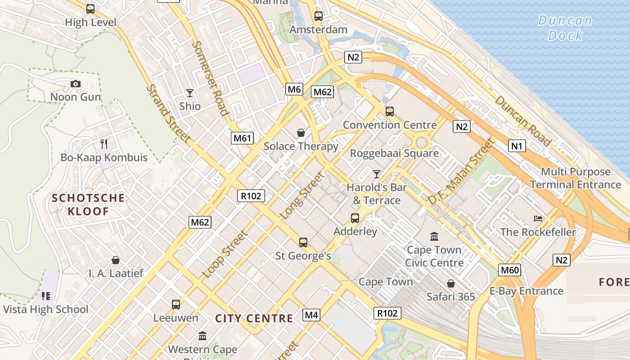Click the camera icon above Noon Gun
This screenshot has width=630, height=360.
tap(76, 84)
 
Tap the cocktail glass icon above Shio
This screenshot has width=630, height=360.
tap(190, 93)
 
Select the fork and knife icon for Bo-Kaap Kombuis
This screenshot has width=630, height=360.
tap(104, 144)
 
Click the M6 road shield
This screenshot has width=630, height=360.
tap(294, 89)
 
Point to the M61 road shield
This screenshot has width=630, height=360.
tap(243, 138)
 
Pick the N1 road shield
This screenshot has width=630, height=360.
tap(517, 145)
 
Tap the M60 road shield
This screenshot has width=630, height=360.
tap(510, 270)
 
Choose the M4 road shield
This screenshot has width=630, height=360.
tap(311, 315)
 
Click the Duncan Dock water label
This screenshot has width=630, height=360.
tap(565, 27)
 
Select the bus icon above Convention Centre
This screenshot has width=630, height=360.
tap(390, 111)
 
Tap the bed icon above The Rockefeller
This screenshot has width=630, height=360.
tap(538, 219)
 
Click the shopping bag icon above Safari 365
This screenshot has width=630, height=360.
tap(451, 283)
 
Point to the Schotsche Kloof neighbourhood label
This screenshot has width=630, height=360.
tap(88, 204)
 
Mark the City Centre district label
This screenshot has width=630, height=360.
tap(254, 319)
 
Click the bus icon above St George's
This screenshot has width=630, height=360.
tap(303, 243)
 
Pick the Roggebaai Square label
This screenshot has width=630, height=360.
tap(394, 153)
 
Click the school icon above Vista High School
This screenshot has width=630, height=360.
tap(45, 296)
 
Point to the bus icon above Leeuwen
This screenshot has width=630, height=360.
tap(175, 304)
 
